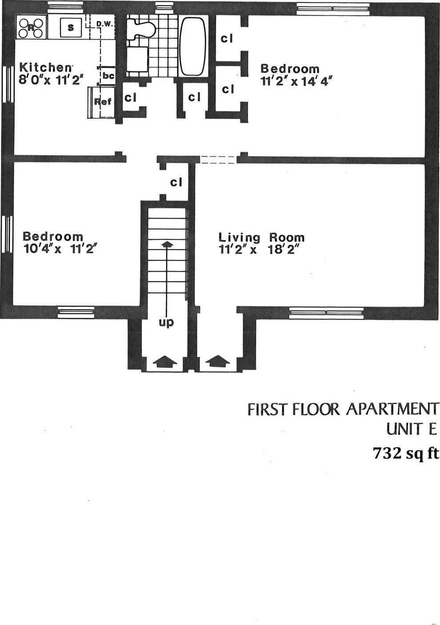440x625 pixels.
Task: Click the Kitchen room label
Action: pos(45,68)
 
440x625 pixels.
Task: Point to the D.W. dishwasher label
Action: pos(105,24)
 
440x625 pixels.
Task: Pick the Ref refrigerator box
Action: pos(102,102)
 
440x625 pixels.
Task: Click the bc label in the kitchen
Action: pos(108,76)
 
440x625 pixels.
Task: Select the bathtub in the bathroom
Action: pos(193,46)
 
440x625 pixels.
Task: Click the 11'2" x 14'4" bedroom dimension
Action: pos(296,81)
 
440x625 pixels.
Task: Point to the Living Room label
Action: pos(261,237)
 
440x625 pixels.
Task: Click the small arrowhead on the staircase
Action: pos(167,244)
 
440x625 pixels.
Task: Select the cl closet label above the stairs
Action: pos(176,182)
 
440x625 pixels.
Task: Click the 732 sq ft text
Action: pos(405,453)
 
